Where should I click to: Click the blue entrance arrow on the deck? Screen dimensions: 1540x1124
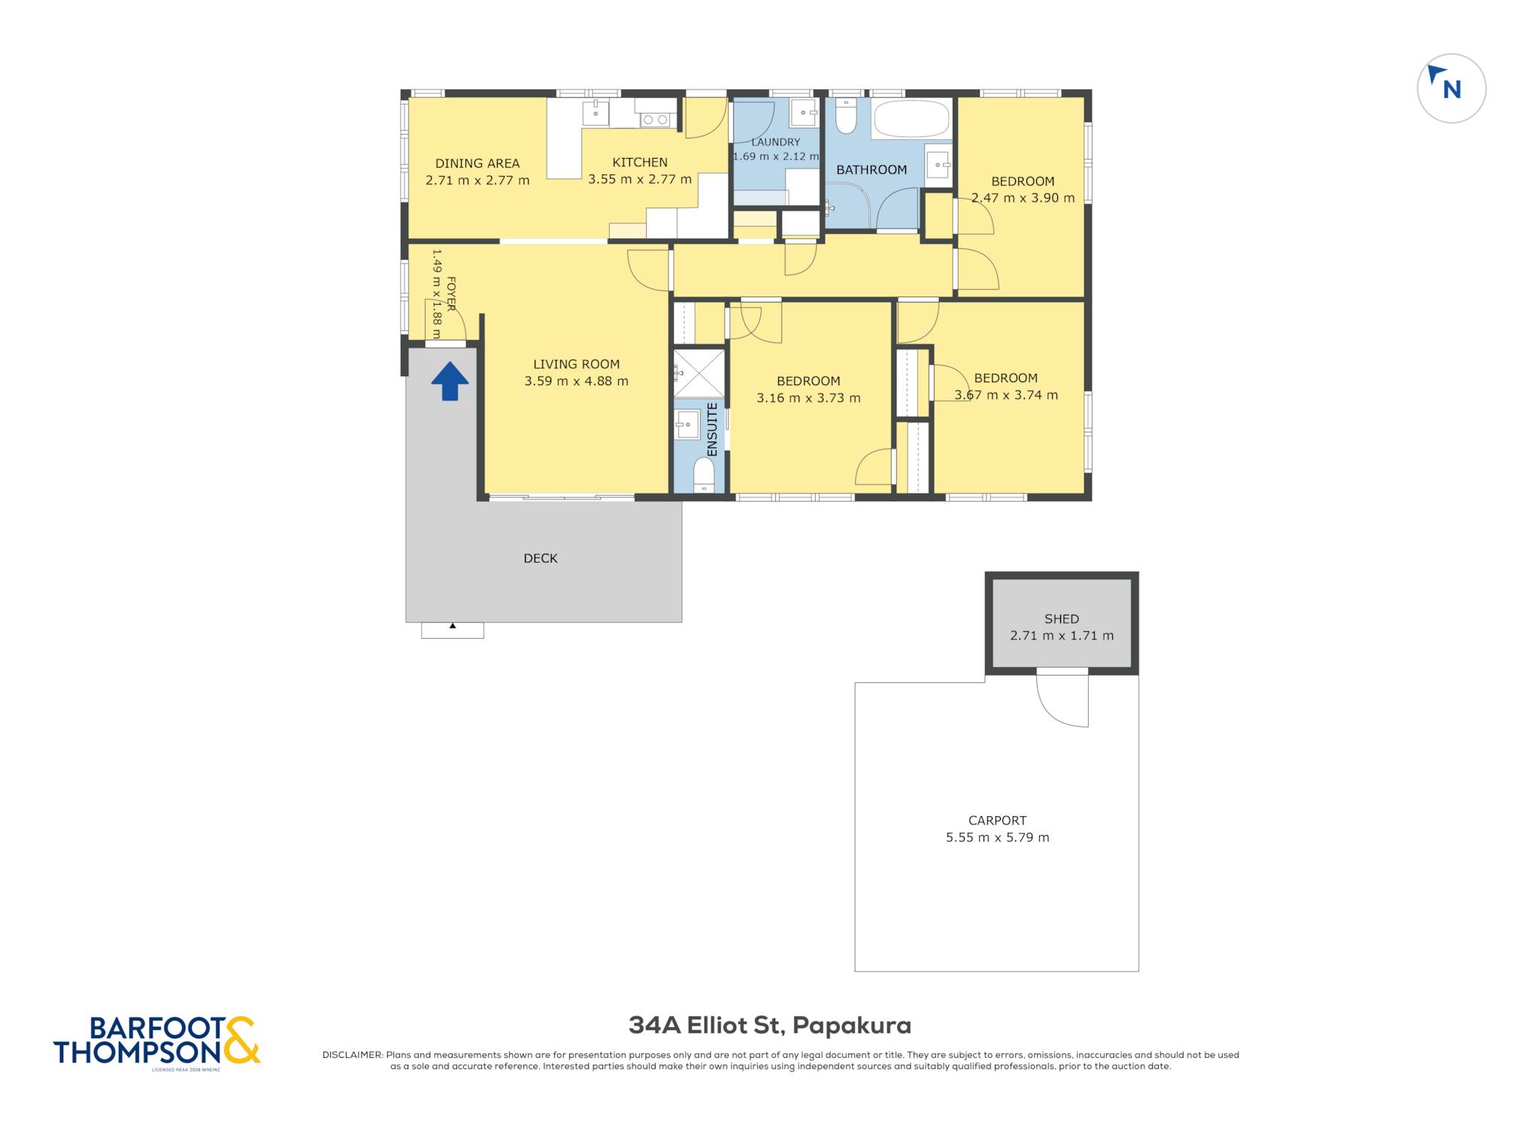[450, 381]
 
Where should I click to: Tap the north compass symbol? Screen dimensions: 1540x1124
[1451, 88]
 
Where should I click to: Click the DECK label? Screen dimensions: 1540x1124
[541, 558]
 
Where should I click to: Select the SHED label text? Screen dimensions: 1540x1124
[1062, 619]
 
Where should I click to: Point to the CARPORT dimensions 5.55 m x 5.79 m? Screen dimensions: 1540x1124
[997, 837]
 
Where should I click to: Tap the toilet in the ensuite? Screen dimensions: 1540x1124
[704, 475]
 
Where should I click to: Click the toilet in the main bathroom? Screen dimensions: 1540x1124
[846, 117]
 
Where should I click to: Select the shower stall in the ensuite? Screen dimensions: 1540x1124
[699, 373]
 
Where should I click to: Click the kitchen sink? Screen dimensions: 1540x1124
[596, 113]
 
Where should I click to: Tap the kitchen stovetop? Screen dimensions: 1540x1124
[655, 119]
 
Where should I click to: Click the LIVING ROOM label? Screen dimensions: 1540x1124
[576, 364]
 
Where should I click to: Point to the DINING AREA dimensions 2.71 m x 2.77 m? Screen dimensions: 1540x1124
[477, 181]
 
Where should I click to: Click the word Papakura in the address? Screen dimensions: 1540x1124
[852, 1025]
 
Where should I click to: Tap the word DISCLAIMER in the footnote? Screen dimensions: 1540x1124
[352, 1055]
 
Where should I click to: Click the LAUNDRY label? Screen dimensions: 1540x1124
[776, 142]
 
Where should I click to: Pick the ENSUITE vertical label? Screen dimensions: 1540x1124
[712, 430]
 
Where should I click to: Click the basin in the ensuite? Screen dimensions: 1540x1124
[687, 424]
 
